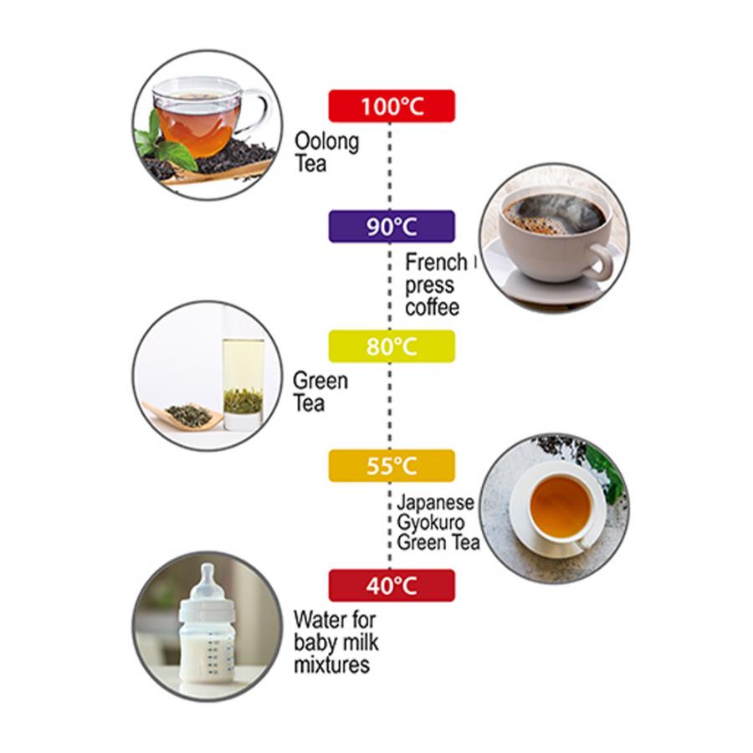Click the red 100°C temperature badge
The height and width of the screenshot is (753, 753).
click(392, 105)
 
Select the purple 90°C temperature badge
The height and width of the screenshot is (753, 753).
click(392, 226)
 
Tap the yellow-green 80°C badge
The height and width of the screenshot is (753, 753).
click(392, 346)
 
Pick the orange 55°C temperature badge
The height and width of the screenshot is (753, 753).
click(392, 466)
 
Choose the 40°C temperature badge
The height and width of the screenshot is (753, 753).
click(392, 586)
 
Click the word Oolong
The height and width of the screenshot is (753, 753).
click(326, 142)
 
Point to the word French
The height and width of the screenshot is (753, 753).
click(436, 262)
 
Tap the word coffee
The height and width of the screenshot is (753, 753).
click(432, 307)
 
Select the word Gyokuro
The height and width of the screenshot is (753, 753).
click(431, 524)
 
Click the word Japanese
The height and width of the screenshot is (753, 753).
click(435, 503)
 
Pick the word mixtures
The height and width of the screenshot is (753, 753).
click(332, 665)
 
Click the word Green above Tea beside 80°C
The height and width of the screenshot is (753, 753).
click(320, 381)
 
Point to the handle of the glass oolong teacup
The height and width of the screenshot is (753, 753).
click(259, 111)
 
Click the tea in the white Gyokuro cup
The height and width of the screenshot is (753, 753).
click(560, 507)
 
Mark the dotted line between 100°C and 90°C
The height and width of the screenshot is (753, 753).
click(389, 166)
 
